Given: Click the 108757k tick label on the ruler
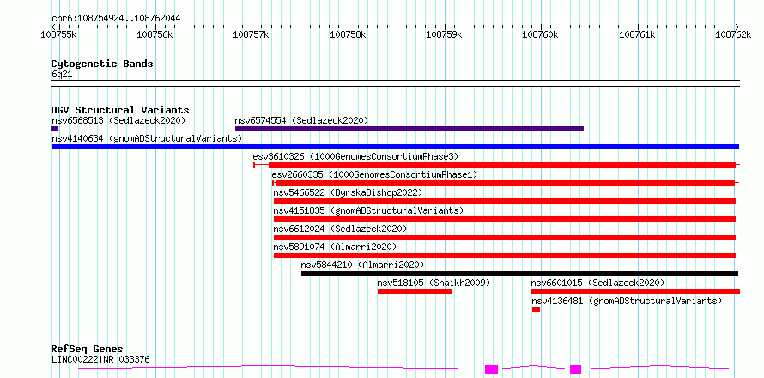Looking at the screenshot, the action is [x=251, y=34].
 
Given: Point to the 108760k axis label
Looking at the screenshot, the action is [x=540, y=34].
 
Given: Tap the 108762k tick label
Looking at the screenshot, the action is [x=733, y=34].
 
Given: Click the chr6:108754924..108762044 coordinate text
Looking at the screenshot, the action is [x=116, y=18].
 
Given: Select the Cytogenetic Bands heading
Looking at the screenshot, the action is [x=102, y=64].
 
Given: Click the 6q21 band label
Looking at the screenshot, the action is [x=62, y=74].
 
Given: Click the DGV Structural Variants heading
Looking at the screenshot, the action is [x=120, y=110].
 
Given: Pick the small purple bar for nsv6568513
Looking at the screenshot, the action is [x=55, y=129].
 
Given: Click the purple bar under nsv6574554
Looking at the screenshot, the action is [x=409, y=129].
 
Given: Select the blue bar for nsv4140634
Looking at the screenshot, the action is [x=395, y=147].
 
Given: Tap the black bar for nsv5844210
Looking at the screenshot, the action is [x=519, y=273].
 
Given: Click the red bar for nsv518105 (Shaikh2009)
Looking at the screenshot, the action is [x=415, y=291].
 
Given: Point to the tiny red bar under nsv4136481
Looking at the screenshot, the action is [x=536, y=309].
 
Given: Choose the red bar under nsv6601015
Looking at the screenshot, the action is [x=635, y=291].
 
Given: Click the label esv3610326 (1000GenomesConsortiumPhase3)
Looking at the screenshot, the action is [x=355, y=156].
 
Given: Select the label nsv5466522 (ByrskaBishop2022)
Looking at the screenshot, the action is [x=348, y=192].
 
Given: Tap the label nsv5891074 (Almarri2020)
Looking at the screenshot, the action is [x=336, y=247].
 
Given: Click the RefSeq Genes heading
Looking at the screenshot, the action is [x=88, y=349].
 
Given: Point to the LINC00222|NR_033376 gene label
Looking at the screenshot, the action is [x=100, y=360].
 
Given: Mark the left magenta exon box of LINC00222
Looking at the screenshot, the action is [x=491, y=369].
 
